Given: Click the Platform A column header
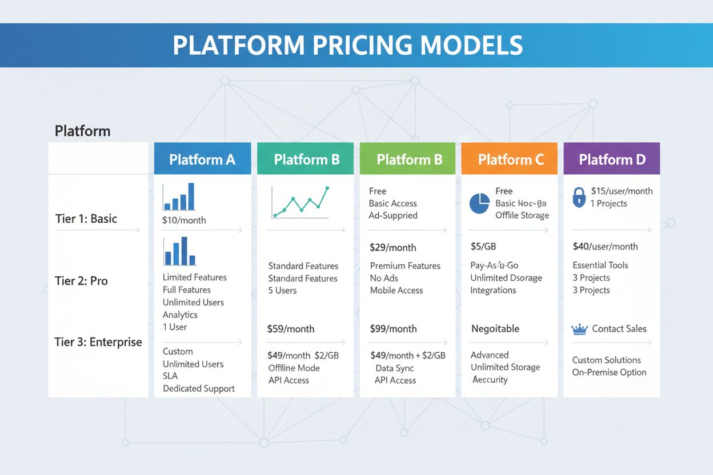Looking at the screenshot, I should [x=202, y=159].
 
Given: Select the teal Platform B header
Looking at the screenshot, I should [x=307, y=159].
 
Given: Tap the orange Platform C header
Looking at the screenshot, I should [x=511, y=159].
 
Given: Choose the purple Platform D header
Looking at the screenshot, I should [x=612, y=159].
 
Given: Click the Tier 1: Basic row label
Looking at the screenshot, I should [x=86, y=219].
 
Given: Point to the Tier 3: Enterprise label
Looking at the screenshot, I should [x=98, y=342].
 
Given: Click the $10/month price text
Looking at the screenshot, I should [x=184, y=220].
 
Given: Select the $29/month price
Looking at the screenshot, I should [x=393, y=248].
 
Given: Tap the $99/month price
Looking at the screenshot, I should [x=394, y=329].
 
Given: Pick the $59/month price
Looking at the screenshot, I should [x=291, y=329].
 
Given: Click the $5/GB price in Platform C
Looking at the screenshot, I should [x=484, y=247].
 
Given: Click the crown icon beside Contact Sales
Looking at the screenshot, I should [x=579, y=329].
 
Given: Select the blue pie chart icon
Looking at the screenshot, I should [x=479, y=203].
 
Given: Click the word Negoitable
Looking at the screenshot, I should [x=495, y=329].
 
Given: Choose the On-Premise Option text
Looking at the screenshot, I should [x=609, y=372].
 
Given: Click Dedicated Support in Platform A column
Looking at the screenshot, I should [x=198, y=388].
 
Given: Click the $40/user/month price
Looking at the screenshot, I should [x=605, y=247].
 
